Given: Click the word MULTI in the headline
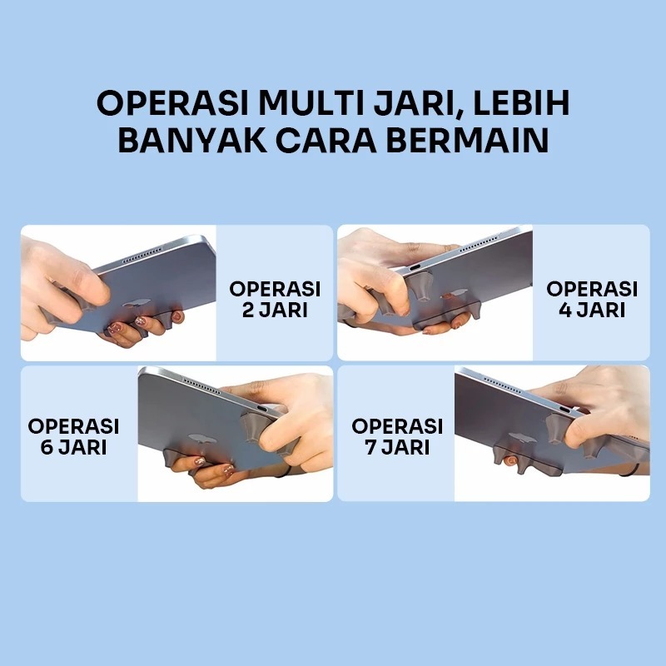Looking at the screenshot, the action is (x=311, y=102).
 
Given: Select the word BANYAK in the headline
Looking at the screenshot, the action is (x=192, y=141).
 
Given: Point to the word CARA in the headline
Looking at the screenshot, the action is (x=326, y=141).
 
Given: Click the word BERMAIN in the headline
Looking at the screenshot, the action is (x=467, y=141).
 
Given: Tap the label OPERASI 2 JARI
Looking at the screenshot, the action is (x=275, y=299).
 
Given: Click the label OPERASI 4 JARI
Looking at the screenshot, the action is (x=592, y=299).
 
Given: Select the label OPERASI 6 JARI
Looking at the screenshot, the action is (x=73, y=436).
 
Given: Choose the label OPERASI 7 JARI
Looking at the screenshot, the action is (x=397, y=436).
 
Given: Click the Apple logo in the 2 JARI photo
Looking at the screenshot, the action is (x=136, y=303).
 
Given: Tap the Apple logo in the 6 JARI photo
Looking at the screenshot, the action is (x=202, y=439).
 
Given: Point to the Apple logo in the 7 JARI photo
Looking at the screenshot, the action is (x=522, y=438).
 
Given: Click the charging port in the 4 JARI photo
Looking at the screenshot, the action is (x=414, y=267).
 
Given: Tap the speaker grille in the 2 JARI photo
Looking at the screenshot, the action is (x=142, y=255).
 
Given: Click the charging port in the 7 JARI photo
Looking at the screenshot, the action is (x=567, y=410).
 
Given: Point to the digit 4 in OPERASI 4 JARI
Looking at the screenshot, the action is (x=565, y=310).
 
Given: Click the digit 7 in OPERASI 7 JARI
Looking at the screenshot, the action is (x=371, y=447).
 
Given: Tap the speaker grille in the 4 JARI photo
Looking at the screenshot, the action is (x=480, y=245).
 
